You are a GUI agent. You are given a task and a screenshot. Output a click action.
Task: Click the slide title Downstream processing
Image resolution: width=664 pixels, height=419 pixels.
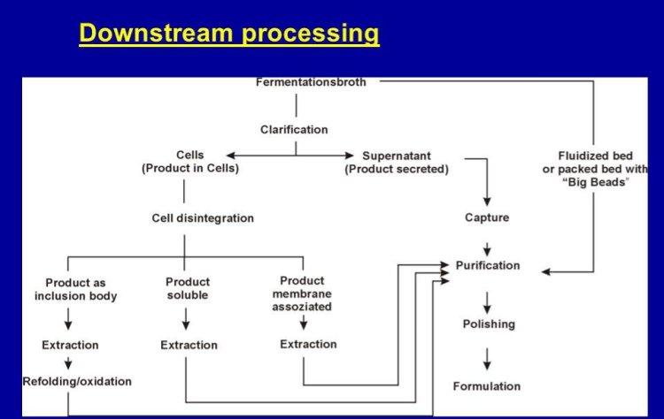(228, 34)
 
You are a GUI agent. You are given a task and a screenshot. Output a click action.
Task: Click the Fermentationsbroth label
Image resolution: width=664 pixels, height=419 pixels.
(311, 82)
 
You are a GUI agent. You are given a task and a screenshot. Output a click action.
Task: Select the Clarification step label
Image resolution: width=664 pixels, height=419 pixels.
(294, 129)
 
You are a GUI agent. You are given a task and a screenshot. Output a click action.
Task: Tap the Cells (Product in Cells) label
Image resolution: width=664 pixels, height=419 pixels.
(189, 162)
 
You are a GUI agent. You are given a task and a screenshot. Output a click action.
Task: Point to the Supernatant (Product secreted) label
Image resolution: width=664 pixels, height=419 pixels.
(397, 162)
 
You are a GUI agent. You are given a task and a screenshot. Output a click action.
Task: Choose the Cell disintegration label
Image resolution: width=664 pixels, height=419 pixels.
(203, 217)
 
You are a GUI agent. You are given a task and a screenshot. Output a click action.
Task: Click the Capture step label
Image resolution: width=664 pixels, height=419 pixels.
(487, 217)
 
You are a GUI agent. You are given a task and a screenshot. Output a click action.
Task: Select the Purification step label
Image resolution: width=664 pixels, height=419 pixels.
(488, 265)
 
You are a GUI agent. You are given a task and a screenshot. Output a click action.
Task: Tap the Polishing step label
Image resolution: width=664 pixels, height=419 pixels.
(488, 324)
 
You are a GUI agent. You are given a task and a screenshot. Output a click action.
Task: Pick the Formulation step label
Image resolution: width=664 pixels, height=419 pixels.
(487, 386)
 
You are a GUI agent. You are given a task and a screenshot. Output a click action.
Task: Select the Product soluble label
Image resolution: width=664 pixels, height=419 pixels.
(188, 288)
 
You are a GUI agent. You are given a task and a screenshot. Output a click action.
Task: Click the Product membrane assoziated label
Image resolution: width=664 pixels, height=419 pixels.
(302, 294)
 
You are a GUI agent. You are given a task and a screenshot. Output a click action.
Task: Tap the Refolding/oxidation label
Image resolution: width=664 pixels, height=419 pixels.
(77, 382)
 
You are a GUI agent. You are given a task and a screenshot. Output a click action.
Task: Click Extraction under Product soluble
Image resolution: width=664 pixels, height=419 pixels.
(189, 345)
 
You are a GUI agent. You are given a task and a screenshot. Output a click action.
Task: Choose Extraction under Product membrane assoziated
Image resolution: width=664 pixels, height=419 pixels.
(308, 344)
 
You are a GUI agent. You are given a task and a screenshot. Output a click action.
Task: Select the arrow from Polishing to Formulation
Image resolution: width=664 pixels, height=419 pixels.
(487, 357)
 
